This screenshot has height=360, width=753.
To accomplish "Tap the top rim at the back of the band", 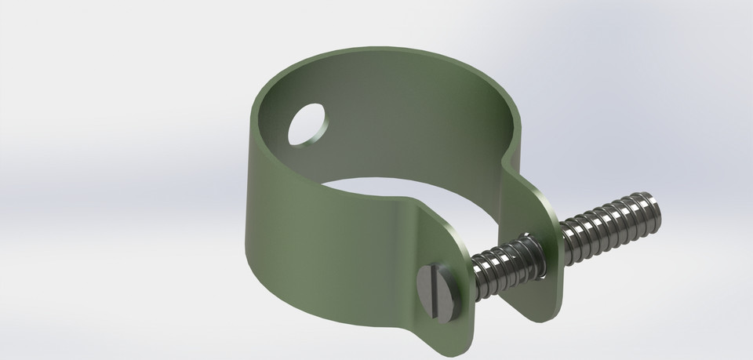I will click(392, 53).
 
